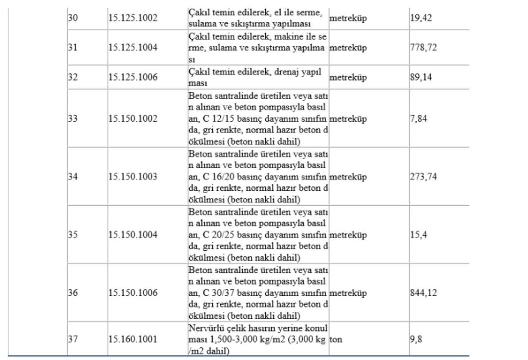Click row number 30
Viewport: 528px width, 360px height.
click(x=73, y=19)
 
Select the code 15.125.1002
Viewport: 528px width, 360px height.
click(x=133, y=19)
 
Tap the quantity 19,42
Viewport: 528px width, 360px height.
click(x=421, y=19)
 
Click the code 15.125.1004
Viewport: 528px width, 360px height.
click(x=133, y=48)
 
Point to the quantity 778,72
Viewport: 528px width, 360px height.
click(x=423, y=48)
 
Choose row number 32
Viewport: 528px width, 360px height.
click(x=73, y=77)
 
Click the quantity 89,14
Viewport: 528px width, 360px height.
click(x=421, y=77)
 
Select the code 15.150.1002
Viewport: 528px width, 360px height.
click(x=133, y=119)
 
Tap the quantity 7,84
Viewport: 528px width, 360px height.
click(x=418, y=119)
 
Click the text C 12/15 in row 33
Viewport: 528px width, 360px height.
click(x=214, y=119)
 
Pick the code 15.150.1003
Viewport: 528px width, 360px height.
click(x=133, y=177)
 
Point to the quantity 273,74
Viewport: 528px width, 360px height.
click(x=423, y=177)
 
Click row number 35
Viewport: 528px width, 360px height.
click(x=73, y=235)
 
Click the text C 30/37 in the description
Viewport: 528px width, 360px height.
click(x=214, y=293)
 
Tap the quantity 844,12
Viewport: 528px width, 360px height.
click(x=423, y=293)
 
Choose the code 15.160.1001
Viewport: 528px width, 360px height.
click(x=133, y=340)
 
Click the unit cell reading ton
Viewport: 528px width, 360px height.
click(x=336, y=340)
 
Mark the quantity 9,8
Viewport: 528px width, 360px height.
click(x=416, y=340)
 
